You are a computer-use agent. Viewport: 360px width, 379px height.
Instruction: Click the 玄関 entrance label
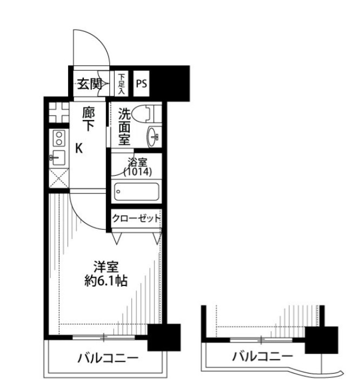(x=89, y=84)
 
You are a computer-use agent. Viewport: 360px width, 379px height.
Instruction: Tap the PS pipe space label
(x=141, y=84)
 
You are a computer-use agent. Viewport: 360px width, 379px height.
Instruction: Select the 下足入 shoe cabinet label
(x=122, y=84)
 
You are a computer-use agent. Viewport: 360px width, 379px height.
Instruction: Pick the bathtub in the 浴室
(x=137, y=192)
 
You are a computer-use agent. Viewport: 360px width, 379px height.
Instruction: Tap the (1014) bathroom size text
(x=137, y=172)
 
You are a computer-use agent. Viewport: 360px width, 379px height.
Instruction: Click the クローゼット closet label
(x=136, y=218)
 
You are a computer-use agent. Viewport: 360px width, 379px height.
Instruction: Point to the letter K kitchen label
(x=79, y=148)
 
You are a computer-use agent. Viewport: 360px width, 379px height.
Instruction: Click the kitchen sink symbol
(x=58, y=159)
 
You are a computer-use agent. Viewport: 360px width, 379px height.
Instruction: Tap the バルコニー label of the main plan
(x=107, y=358)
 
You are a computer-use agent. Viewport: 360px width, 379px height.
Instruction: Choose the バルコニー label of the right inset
(x=262, y=357)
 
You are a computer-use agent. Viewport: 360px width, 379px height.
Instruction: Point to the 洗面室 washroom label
(x=125, y=127)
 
